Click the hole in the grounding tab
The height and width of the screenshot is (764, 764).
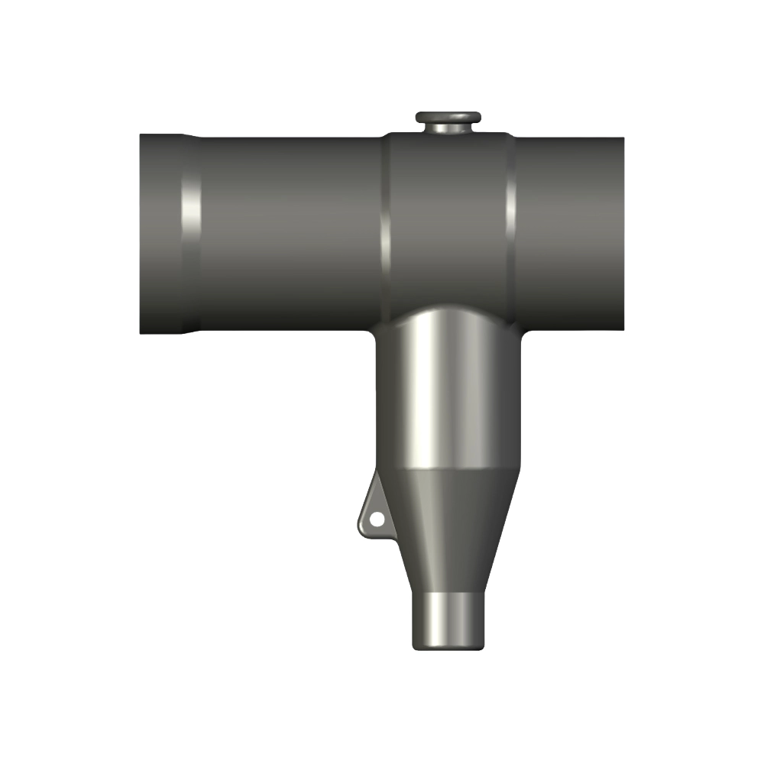[376, 520]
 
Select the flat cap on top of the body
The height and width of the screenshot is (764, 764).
[448, 117]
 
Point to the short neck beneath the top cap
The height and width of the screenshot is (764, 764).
[448, 129]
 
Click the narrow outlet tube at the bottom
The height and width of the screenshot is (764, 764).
[448, 619]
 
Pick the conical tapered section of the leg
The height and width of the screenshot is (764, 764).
[448, 527]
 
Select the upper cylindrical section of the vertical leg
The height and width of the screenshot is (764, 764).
[448, 397]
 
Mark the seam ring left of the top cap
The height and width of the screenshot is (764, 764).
[386, 222]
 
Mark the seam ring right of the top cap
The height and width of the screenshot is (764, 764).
[510, 222]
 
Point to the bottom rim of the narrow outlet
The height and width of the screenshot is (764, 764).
[448, 647]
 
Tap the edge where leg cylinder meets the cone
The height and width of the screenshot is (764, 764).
[448, 468]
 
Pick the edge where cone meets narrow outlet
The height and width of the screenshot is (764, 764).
[448, 592]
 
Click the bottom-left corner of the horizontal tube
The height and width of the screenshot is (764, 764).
[141, 333]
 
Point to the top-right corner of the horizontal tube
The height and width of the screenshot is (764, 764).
[623, 139]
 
